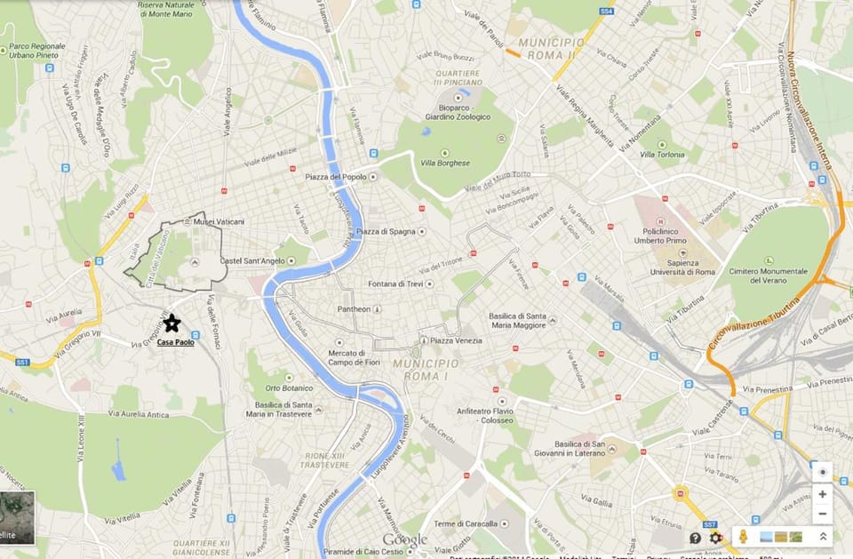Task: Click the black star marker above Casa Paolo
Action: coord(171,323)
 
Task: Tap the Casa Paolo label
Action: coord(175,342)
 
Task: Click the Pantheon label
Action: coord(354,309)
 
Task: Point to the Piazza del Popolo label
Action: coord(335,177)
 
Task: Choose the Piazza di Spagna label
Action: coord(386,232)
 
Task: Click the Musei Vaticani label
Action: coord(219,221)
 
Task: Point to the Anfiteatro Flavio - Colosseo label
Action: coord(511,415)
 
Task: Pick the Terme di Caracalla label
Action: coord(462,523)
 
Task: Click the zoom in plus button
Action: coord(822,494)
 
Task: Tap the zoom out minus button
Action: coord(822,514)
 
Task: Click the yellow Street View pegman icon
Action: coord(745,537)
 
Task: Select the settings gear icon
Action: coord(715,538)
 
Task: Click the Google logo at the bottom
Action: coord(404,539)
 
